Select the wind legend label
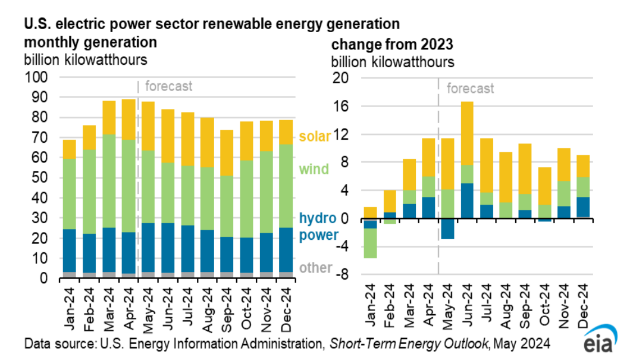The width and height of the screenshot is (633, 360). point(314,170)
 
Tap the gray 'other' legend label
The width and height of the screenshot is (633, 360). point(315,268)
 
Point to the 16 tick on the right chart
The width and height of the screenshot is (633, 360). point(341,107)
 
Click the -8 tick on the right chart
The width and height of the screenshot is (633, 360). point(341,276)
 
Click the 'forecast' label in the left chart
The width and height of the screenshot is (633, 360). point(169,86)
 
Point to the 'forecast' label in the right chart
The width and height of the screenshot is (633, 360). point(470,89)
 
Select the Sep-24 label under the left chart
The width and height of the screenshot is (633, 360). point(228,303)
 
